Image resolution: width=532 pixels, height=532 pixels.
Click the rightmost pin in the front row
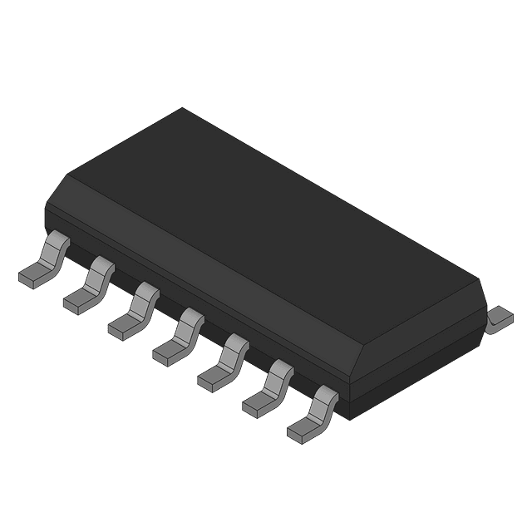(315, 413)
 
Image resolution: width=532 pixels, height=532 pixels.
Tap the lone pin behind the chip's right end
(499, 319)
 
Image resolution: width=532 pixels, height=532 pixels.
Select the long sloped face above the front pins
(199, 266)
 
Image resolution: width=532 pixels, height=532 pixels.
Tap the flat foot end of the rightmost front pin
(300, 431)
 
